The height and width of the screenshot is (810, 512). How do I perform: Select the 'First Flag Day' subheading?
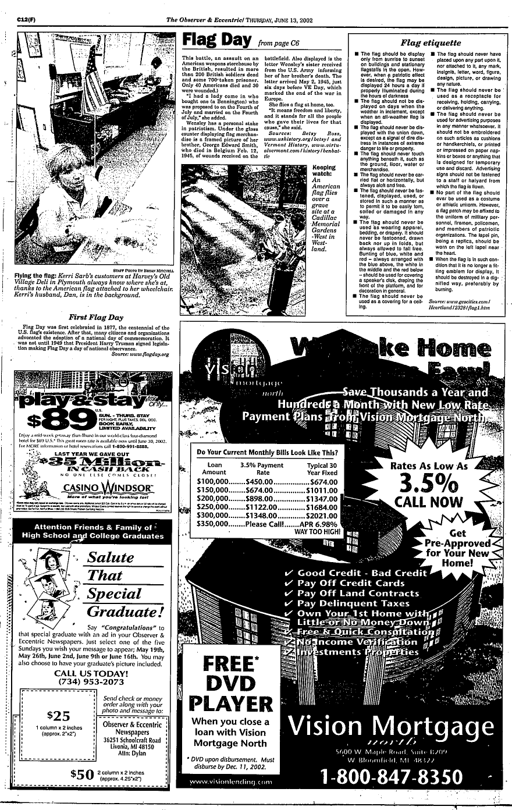96,317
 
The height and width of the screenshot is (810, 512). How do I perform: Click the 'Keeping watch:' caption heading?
323,170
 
